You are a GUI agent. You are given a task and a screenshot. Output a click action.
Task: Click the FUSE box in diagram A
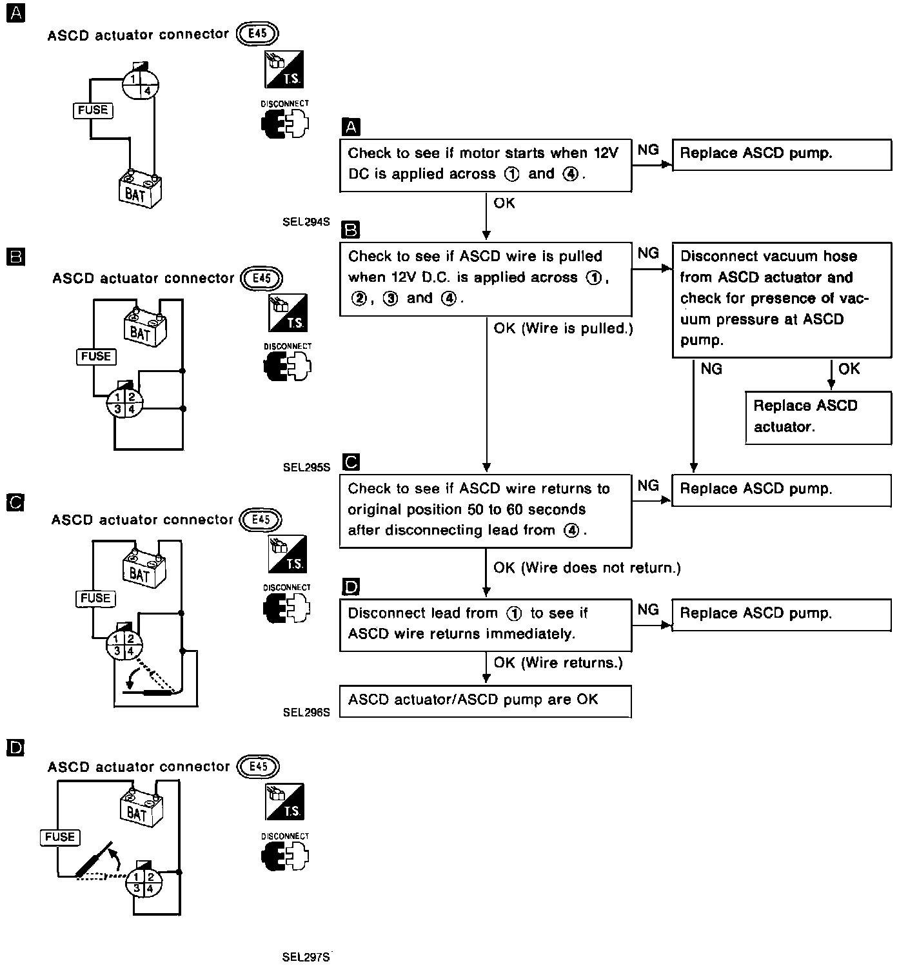click(x=93, y=110)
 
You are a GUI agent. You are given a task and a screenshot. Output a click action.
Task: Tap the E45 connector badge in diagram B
click(x=261, y=279)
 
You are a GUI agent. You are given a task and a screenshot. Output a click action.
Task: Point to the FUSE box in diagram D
click(x=60, y=837)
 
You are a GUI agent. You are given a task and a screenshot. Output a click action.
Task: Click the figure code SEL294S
click(x=306, y=222)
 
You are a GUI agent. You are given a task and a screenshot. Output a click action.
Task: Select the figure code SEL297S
click(x=306, y=957)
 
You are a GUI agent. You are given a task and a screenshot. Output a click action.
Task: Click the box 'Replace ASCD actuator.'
click(x=818, y=417)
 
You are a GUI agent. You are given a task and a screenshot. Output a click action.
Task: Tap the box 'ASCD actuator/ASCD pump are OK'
click(x=485, y=701)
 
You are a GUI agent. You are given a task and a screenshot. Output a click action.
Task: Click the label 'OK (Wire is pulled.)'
click(x=563, y=329)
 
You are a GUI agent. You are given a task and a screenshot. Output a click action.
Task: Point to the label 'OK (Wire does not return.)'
click(x=587, y=568)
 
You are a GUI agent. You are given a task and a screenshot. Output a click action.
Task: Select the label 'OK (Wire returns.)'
click(x=558, y=663)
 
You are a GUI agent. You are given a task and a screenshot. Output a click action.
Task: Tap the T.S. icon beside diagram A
click(x=284, y=70)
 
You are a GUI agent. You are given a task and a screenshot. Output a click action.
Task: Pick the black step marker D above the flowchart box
click(x=351, y=587)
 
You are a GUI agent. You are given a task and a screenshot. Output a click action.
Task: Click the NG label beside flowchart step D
click(x=648, y=610)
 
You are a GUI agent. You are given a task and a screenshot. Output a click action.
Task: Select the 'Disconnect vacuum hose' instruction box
click(x=782, y=299)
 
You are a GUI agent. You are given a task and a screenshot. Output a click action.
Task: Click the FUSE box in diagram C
click(x=95, y=598)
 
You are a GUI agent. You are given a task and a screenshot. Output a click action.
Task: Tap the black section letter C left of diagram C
click(x=15, y=502)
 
